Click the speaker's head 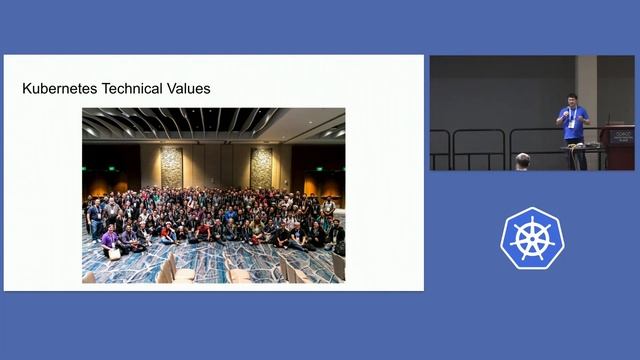(x=571, y=101)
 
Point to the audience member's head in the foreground (x=522, y=160)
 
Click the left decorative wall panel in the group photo (x=172, y=167)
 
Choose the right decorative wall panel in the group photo (x=261, y=167)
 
